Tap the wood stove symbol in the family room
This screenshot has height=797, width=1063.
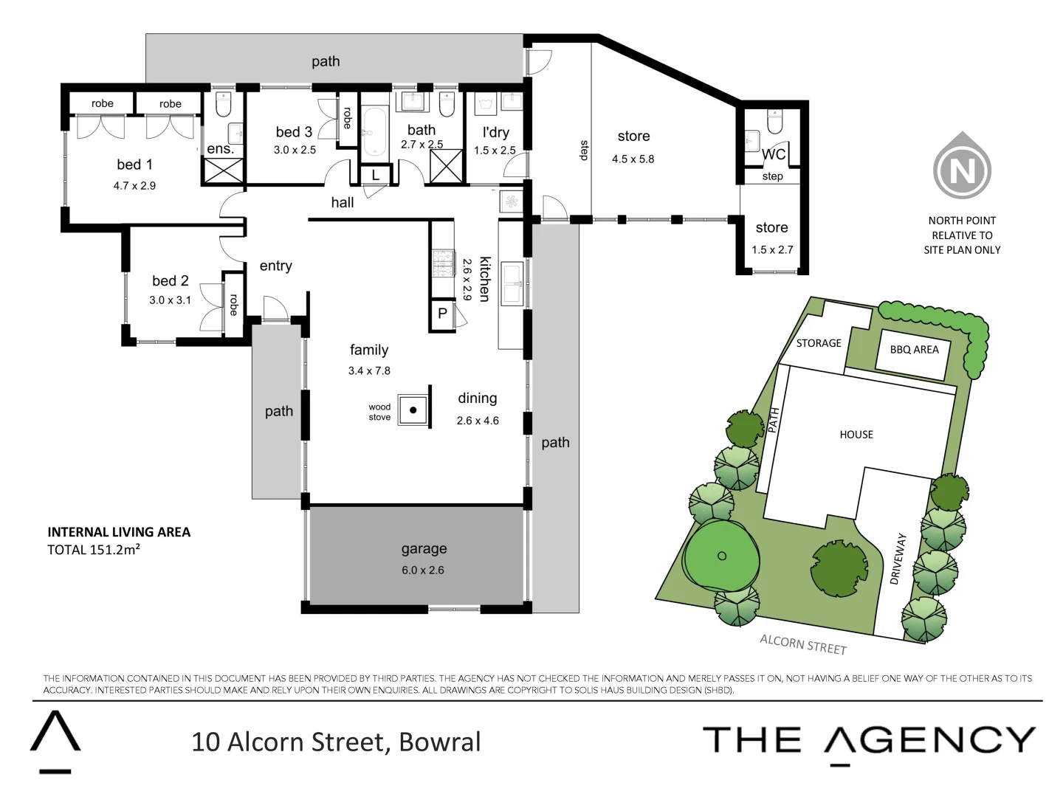pos(413,410)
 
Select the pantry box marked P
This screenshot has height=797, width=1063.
pos(442,314)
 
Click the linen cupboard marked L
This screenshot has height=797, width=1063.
pos(376,176)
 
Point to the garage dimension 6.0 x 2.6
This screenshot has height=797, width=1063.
pos(423,570)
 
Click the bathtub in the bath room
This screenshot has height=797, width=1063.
pos(375,133)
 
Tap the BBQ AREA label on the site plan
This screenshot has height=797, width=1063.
pos(914,350)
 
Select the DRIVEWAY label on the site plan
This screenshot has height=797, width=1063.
pos(898,559)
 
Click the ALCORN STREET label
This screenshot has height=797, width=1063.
pos(803,644)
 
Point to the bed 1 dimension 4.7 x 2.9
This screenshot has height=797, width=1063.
pos(134,186)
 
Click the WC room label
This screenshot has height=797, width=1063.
pos(774,154)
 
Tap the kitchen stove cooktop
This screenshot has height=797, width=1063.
pos(443,263)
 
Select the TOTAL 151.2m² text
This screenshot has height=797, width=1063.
pos(94,550)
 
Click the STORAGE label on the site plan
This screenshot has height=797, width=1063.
pos(819,343)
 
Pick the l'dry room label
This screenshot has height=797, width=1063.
pos(495,133)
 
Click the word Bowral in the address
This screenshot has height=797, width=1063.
pos(440,742)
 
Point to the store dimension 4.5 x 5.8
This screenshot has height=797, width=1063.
pos(633,159)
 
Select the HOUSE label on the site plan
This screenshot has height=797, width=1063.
pos(856,435)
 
